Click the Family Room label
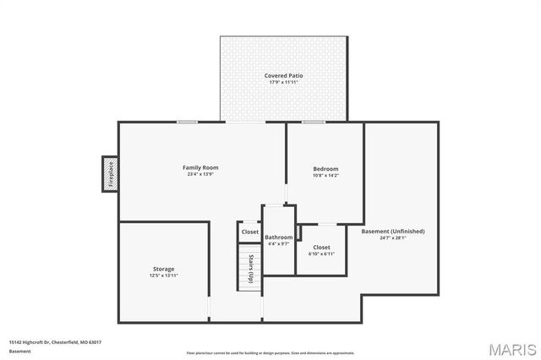[200, 167]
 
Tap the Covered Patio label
[284, 75]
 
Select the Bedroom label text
[325, 169]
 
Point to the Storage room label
[164, 269]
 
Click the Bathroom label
[279, 237]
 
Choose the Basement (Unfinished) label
[393, 231]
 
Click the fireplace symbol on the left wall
[109, 174]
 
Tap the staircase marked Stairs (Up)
[249, 269]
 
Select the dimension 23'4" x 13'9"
[200, 175]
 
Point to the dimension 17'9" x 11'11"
[284, 83]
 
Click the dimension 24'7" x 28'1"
[393, 238]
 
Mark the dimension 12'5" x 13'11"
[164, 275]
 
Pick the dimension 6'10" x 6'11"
[321, 254]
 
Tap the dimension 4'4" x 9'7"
[279, 244]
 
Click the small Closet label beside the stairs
[249, 232]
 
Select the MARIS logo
[510, 348]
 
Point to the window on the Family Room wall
[187, 123]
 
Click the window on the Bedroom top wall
[314, 123]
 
